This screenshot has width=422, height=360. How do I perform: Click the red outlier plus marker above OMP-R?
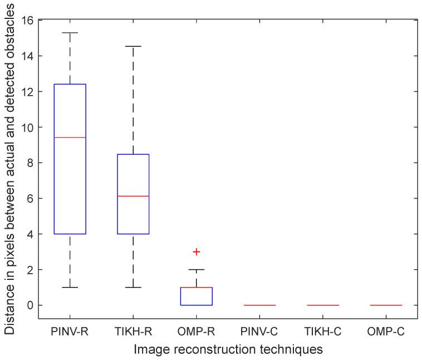tap(196, 251)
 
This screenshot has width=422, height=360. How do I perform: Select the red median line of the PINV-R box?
tap(70, 137)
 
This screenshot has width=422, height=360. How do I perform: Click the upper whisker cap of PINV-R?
tap(70, 33)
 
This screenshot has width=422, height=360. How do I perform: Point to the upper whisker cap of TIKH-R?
tap(133, 46)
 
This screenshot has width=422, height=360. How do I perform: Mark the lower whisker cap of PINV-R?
tap(70, 287)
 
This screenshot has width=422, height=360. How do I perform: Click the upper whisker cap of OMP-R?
tap(196, 269)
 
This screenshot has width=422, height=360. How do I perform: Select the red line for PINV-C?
tap(259, 305)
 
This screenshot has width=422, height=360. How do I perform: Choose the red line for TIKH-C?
tap(323, 305)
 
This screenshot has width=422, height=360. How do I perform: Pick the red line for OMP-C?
tap(386, 305)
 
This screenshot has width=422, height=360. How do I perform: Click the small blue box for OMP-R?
tap(196, 296)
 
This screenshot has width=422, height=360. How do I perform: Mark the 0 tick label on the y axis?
tap(31, 305)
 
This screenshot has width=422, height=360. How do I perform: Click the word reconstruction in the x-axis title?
tap(228, 349)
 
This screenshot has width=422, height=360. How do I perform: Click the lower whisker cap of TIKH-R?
tap(133, 287)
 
